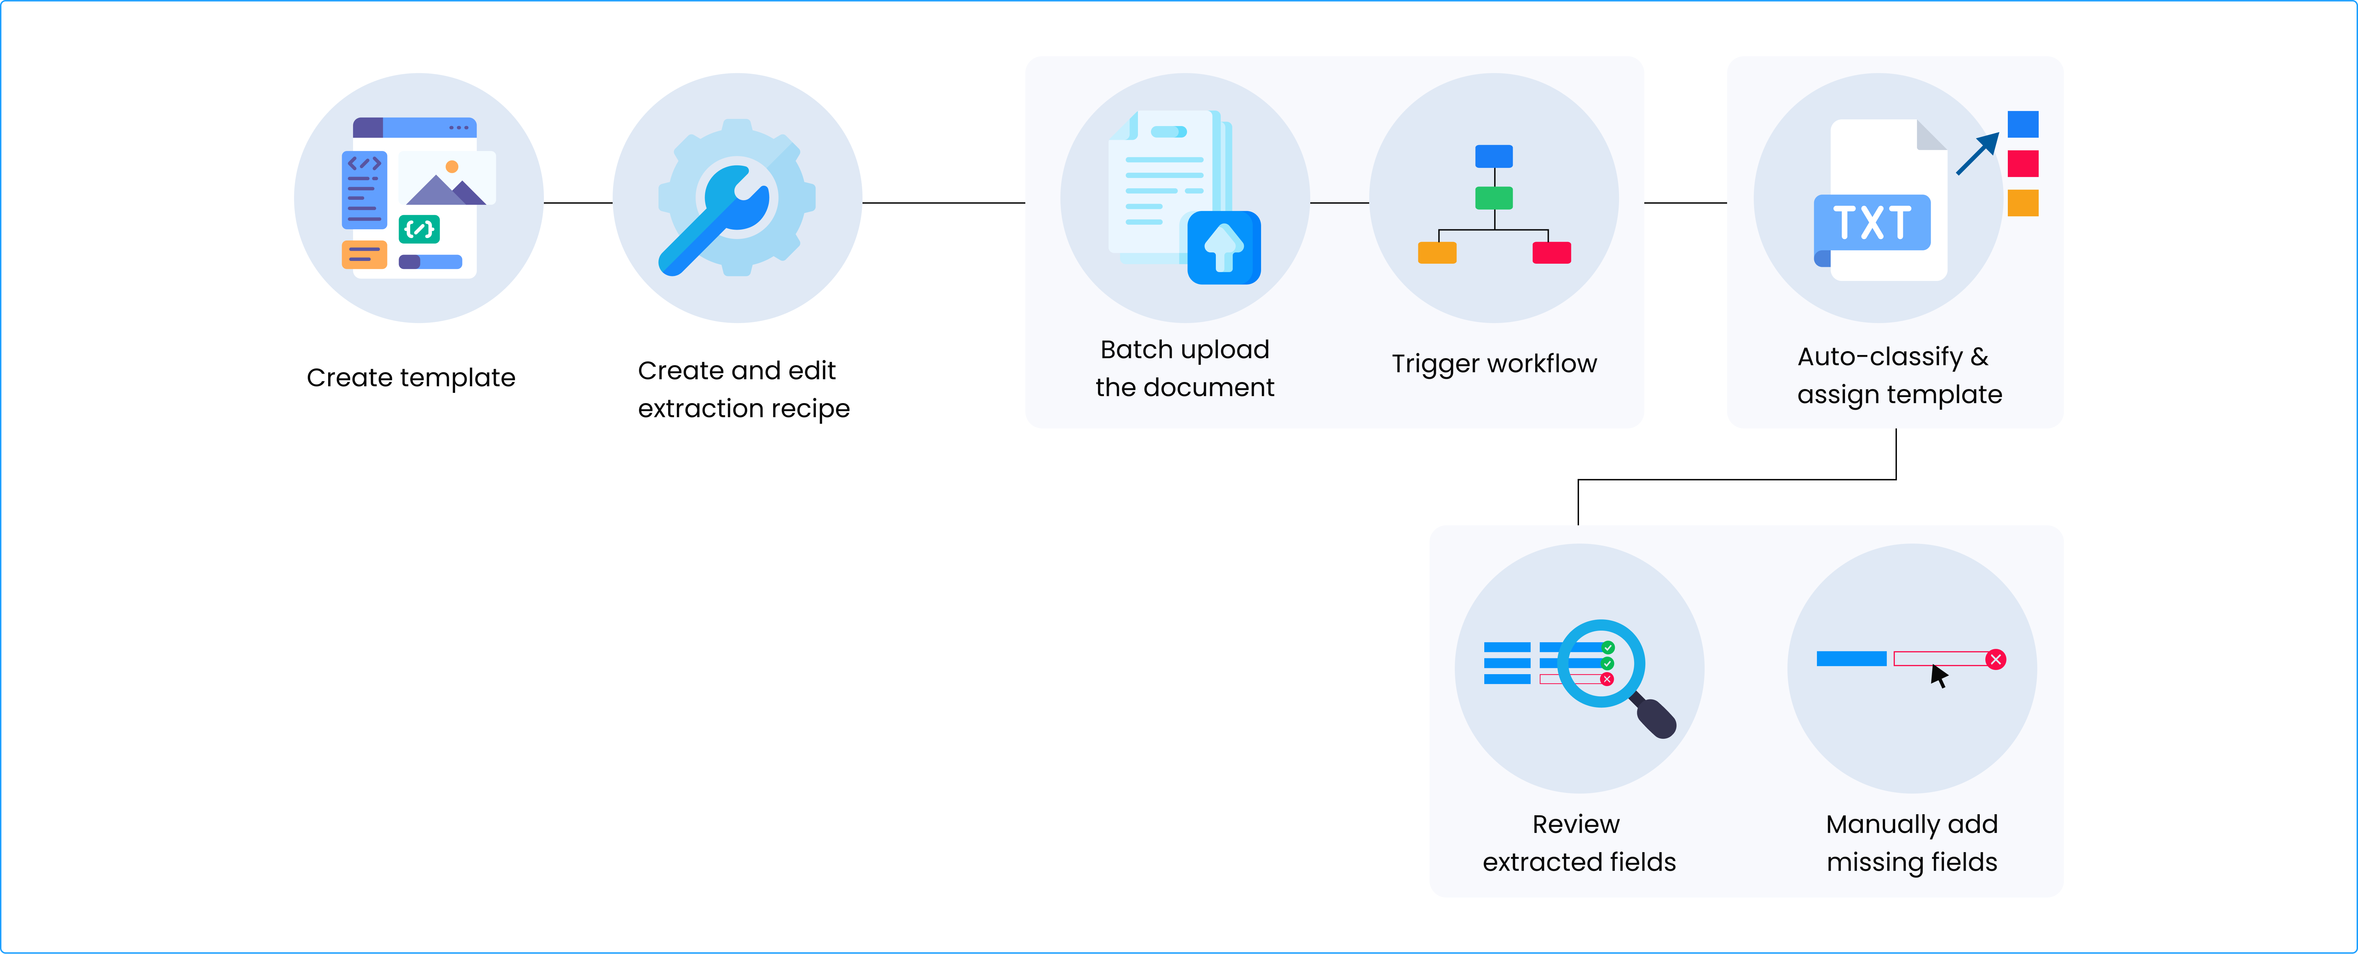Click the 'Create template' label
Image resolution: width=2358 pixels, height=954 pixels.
411,377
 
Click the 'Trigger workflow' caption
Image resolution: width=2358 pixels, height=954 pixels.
1494,363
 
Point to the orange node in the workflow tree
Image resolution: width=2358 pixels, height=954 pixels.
1436,253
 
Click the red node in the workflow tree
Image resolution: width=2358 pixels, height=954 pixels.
1552,253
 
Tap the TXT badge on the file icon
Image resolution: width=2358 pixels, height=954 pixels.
1872,223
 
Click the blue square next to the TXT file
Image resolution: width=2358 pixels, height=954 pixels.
2023,124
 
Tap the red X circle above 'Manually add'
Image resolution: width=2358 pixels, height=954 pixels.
1997,659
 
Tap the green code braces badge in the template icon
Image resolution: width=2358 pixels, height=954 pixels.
419,229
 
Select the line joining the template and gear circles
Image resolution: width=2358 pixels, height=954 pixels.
578,202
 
